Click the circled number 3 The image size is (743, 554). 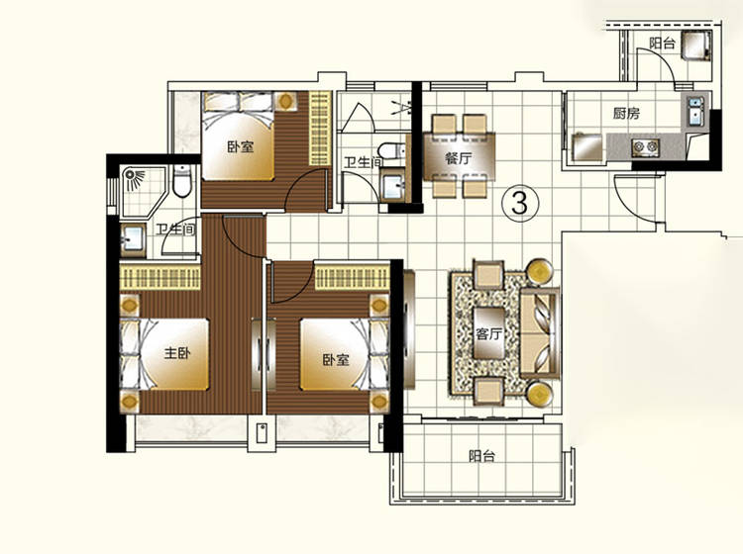click(x=520, y=204)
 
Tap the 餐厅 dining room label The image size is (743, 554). click(x=459, y=158)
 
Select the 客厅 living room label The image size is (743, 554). click(x=488, y=334)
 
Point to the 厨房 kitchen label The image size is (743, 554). click(x=626, y=113)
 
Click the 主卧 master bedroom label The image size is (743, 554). click(x=177, y=353)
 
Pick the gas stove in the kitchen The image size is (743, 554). click(x=645, y=147)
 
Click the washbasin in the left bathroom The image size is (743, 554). click(x=132, y=240)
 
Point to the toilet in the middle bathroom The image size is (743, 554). click(x=394, y=151)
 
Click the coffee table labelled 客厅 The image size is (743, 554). click(x=489, y=333)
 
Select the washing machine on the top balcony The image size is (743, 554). click(x=696, y=45)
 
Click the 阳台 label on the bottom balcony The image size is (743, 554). click(x=481, y=456)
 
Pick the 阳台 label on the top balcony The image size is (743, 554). click(x=662, y=44)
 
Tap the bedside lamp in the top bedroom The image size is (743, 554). click(x=285, y=101)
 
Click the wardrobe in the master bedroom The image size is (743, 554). click(x=160, y=277)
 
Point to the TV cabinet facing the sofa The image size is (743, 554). click(x=409, y=329)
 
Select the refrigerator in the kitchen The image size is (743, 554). click(x=587, y=147)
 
